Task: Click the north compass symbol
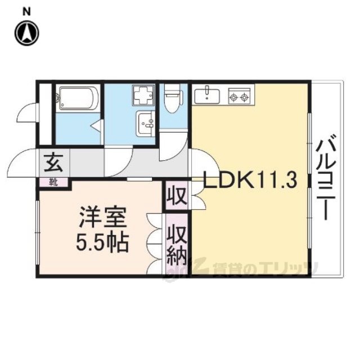[26, 33]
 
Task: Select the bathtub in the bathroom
[78, 100]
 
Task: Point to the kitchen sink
[208, 96]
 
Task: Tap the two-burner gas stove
[238, 97]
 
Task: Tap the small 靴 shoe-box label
[52, 182]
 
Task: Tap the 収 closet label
[175, 196]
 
